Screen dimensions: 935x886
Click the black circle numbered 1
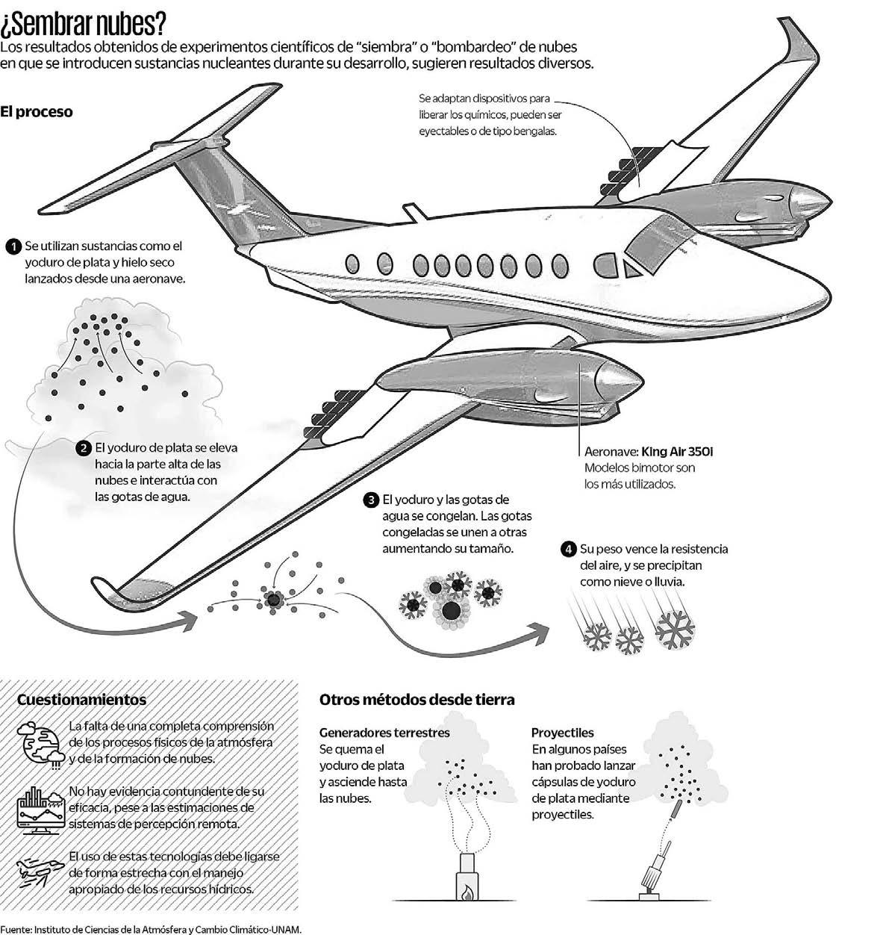13,246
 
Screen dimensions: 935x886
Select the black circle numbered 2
84,448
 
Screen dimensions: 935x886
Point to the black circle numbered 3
371,500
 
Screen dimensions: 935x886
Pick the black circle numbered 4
568,549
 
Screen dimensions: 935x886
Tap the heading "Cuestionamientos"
81,700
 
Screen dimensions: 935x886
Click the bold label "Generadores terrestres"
384,733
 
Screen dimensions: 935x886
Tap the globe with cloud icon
37,744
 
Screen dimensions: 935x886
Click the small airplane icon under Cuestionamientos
39,872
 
